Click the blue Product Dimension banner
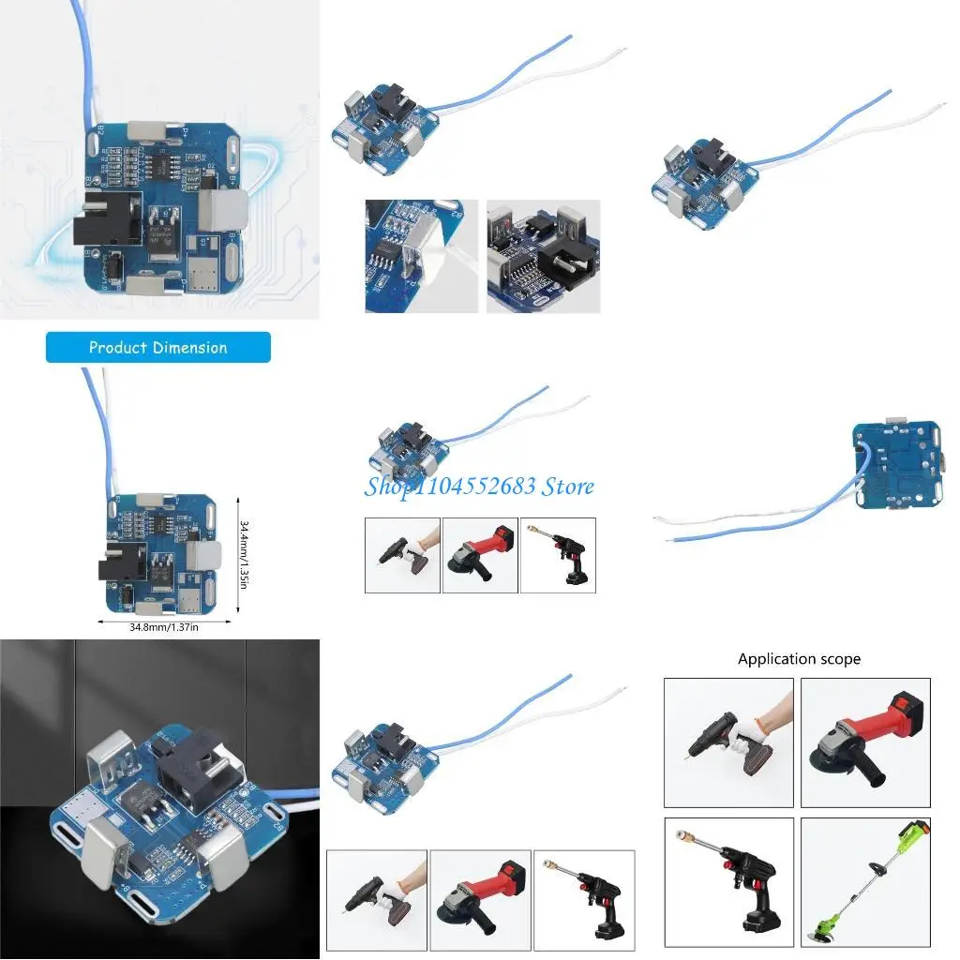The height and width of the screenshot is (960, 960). click(157, 348)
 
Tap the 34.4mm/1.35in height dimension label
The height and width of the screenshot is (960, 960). click(244, 554)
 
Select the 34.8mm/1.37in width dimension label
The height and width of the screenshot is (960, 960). click(164, 627)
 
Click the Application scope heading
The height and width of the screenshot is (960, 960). click(799, 659)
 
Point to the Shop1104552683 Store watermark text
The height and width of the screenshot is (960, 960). click(479, 486)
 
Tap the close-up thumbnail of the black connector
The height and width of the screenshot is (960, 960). click(544, 256)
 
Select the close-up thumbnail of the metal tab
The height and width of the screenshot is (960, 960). click(421, 256)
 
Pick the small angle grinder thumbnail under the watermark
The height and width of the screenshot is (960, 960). click(479, 555)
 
